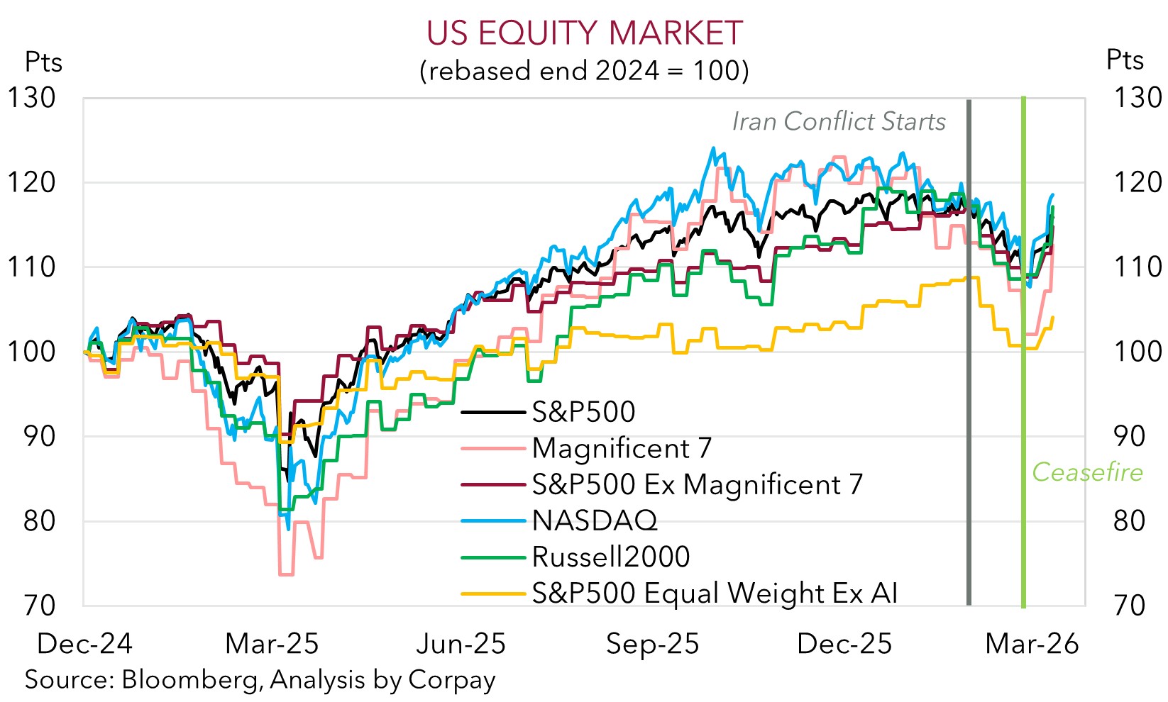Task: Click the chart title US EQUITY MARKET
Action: [x=584, y=33]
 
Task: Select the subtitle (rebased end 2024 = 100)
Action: [x=584, y=71]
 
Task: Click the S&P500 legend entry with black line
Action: [x=583, y=412]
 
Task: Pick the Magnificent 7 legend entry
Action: [x=622, y=448]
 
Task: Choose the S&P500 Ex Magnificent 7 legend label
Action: [x=698, y=484]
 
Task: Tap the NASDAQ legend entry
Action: [x=595, y=520]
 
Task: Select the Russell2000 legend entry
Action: [x=611, y=557]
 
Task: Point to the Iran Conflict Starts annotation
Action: [x=839, y=122]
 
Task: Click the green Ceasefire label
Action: [x=1087, y=472]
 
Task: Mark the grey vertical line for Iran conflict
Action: [x=969, y=355]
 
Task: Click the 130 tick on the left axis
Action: [x=31, y=98]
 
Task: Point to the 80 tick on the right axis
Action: [x=1130, y=521]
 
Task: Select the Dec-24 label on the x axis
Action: [x=84, y=644]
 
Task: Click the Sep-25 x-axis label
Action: [x=653, y=644]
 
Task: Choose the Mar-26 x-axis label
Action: [x=1032, y=644]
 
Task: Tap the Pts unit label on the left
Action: [x=43, y=62]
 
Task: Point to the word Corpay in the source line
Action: [x=452, y=680]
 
